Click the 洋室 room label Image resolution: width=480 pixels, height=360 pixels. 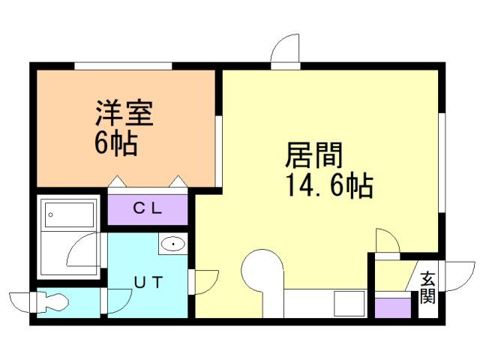(124, 114)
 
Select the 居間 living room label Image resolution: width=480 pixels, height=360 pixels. (313, 156)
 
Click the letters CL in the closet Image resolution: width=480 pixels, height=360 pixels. (148, 209)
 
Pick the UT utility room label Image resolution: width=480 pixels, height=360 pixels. (148, 282)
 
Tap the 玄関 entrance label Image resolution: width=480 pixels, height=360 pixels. (427, 287)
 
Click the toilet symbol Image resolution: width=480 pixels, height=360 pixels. (52, 302)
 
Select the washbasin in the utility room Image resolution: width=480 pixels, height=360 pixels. (173, 243)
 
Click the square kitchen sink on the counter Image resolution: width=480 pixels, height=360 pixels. (346, 304)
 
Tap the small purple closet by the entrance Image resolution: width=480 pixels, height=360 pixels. (392, 308)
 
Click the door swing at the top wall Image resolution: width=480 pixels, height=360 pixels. (286, 51)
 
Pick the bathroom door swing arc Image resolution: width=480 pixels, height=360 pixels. (82, 250)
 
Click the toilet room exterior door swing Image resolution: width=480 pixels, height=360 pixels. (21, 301)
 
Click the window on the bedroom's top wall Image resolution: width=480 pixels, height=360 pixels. (123, 66)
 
